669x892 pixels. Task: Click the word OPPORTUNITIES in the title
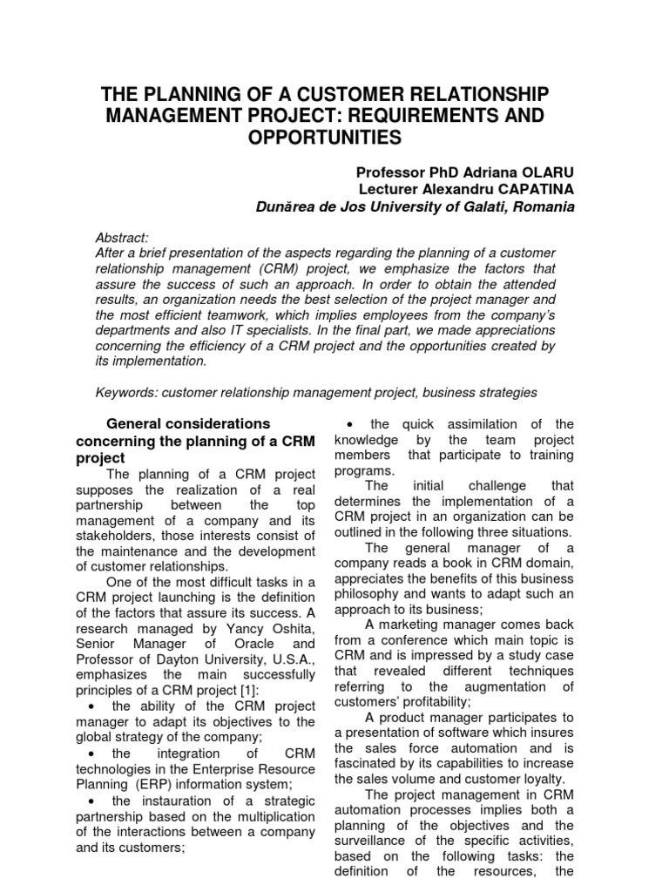point(334,138)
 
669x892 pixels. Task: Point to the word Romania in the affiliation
point(544,208)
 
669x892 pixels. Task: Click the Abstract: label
point(123,238)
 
